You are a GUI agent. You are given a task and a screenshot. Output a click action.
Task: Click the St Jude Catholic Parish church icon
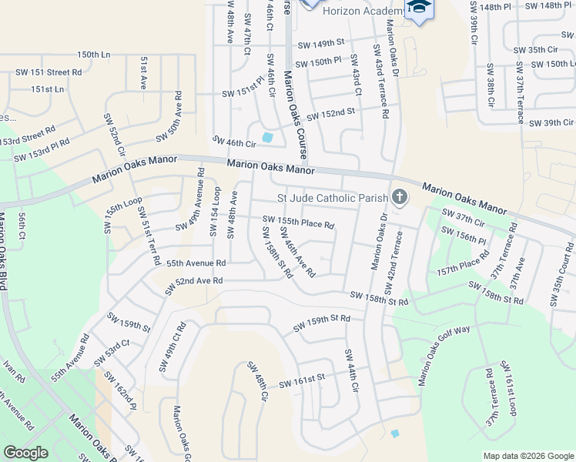point(399,198)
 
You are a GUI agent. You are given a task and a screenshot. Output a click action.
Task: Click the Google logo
point(25,453)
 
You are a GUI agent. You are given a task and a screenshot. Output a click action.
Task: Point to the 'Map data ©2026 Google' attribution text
point(528,456)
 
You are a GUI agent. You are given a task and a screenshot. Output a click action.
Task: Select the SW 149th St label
point(317,44)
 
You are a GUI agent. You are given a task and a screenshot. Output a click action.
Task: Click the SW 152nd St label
point(330,114)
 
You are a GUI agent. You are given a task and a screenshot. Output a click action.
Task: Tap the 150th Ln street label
point(94,55)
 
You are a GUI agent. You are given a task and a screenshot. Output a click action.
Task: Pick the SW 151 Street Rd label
point(49,72)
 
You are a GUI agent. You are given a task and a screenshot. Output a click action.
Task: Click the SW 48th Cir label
point(256,383)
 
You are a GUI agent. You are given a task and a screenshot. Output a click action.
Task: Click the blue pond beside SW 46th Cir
point(267,137)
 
